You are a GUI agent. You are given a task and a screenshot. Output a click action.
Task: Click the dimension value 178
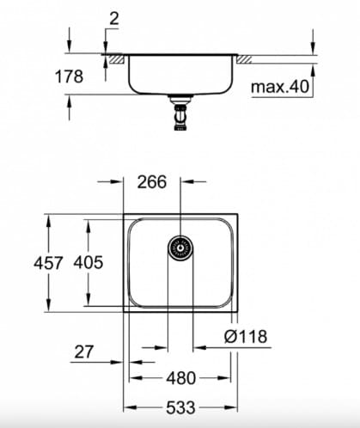(x=70, y=76)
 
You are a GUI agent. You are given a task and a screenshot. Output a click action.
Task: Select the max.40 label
(x=279, y=87)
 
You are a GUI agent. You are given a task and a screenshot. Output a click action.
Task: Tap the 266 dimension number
(x=152, y=182)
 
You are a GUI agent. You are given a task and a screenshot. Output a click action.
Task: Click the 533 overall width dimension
(x=180, y=407)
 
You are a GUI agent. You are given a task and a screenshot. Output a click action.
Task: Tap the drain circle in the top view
(x=180, y=249)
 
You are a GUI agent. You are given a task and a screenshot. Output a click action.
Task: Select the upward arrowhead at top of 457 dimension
(x=47, y=219)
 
